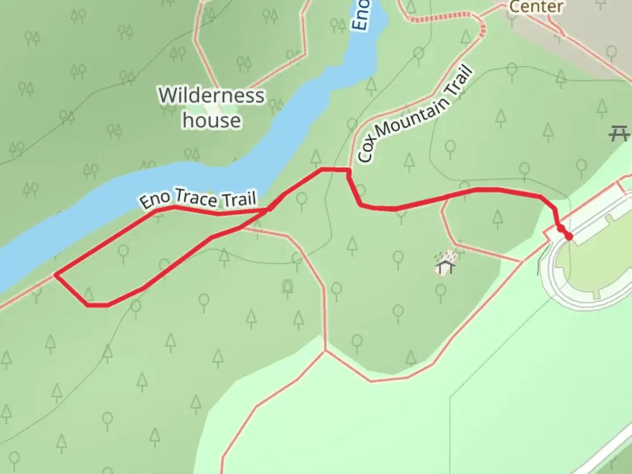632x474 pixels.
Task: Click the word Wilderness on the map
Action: point(212,95)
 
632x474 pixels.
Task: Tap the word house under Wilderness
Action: point(212,120)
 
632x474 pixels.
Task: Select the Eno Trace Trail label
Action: point(198,198)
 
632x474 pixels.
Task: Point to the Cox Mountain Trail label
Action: point(415,115)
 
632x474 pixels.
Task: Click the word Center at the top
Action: point(536,7)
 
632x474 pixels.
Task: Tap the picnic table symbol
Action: point(620,133)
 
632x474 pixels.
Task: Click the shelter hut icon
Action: point(445,263)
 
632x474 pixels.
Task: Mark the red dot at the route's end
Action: point(569,237)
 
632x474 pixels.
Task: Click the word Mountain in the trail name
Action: point(413,116)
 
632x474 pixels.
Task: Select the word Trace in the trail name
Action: point(196,198)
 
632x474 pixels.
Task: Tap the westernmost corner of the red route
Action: point(55,275)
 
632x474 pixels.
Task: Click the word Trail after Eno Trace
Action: point(239,200)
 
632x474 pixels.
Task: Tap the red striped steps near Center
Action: point(443,18)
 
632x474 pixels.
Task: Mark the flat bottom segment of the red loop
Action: point(97,305)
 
